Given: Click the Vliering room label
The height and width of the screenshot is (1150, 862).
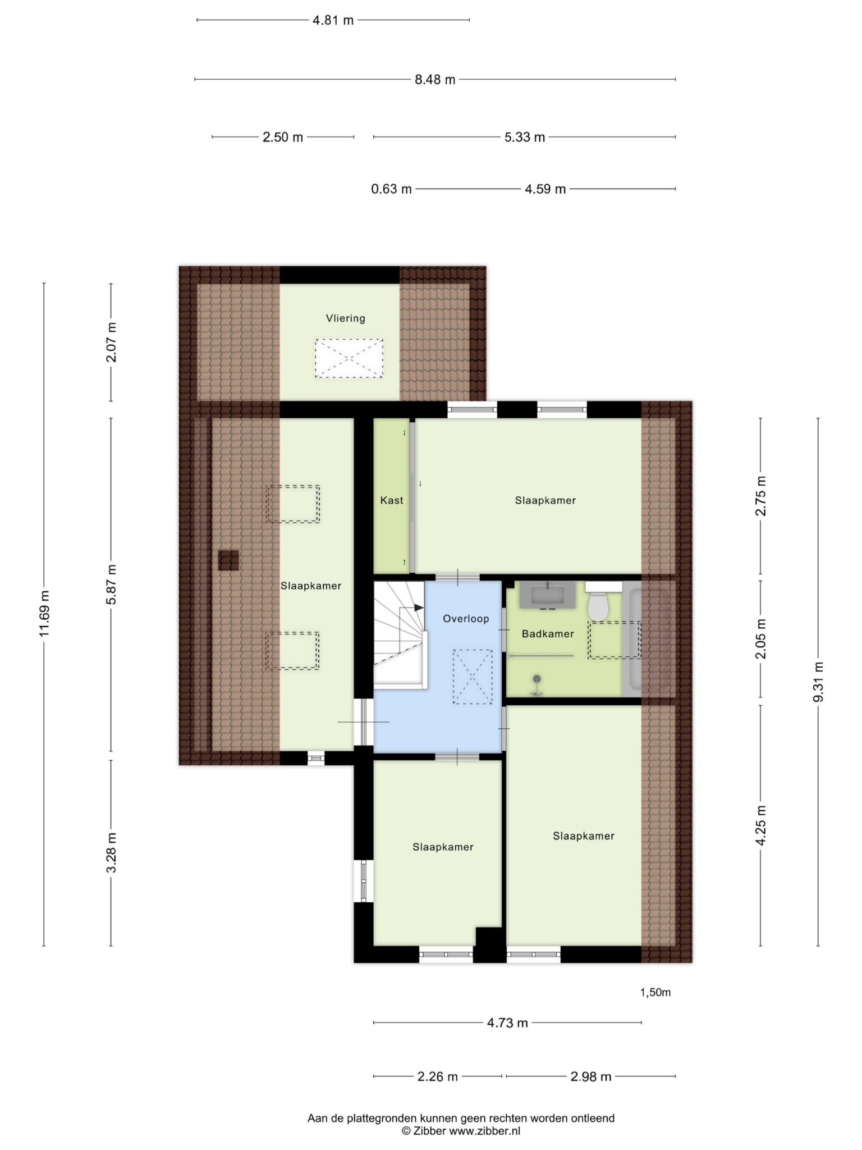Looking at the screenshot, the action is coord(346,318).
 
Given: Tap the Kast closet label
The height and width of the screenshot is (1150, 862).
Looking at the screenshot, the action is coord(392,500).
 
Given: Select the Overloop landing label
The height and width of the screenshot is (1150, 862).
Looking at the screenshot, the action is coord(466,619).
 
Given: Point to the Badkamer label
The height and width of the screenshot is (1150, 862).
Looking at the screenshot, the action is coord(548,634).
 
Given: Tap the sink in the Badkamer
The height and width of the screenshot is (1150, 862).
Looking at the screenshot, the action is coord(547,595).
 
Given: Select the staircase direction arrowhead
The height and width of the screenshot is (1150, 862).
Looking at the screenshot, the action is coord(418,608).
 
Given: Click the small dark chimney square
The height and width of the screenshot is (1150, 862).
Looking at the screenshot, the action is coord(228,560).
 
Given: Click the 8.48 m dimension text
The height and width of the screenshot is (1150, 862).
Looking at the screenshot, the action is coord(435,80).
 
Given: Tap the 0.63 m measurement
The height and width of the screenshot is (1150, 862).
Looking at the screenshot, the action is coord(391,189).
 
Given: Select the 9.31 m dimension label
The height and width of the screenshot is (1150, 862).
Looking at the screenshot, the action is coord(818,682).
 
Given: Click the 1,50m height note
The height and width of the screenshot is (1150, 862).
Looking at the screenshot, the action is coord(655,992).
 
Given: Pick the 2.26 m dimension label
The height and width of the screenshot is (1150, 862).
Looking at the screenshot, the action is coord(438,1076).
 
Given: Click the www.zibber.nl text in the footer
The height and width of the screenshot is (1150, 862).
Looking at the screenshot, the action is coord(485,1131).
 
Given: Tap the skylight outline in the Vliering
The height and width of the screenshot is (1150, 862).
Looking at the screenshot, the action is coord(349,358).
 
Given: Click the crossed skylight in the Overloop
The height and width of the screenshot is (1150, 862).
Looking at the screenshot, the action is coord(473,677).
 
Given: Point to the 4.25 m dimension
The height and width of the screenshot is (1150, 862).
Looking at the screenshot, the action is coord(761,825).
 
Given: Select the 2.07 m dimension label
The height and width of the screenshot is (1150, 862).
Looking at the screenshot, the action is coord(111,342).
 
